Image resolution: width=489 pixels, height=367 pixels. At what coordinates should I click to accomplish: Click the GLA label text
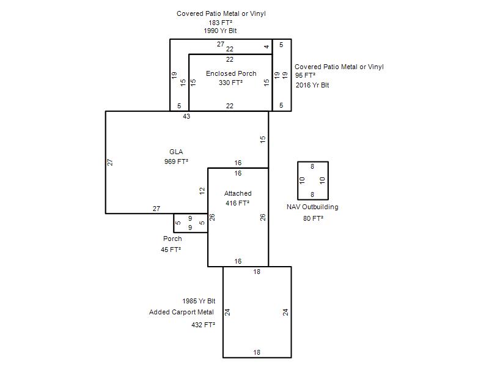click(x=176, y=152)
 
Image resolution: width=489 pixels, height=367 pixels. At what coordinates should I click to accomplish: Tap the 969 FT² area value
click(x=176, y=161)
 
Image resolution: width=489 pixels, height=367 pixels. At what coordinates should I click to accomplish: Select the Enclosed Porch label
click(x=231, y=73)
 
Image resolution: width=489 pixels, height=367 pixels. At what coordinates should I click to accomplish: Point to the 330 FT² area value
click(x=230, y=83)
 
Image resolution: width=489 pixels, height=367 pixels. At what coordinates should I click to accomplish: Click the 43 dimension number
click(x=186, y=116)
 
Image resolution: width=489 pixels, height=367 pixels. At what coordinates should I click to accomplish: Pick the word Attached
click(x=238, y=193)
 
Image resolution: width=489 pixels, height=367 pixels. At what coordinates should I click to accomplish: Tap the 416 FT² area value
click(x=237, y=203)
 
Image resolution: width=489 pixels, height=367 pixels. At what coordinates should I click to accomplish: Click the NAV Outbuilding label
click(x=312, y=207)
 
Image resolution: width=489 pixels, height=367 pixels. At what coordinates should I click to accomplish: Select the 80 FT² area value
click(x=313, y=218)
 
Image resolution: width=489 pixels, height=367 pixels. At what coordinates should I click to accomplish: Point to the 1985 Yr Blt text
click(x=199, y=301)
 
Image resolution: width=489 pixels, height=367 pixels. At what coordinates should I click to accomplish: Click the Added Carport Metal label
click(x=182, y=312)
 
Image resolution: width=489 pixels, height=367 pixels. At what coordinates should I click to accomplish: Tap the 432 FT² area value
click(x=204, y=325)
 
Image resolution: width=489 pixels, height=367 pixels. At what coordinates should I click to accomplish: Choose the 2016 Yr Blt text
click(x=312, y=85)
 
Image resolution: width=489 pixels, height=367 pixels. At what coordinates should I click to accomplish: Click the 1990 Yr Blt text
click(x=220, y=31)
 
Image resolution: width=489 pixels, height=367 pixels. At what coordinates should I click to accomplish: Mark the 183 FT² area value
click(x=221, y=23)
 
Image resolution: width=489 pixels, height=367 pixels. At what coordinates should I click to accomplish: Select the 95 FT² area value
click(x=305, y=75)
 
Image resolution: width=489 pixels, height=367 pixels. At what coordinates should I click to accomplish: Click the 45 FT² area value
click(x=171, y=250)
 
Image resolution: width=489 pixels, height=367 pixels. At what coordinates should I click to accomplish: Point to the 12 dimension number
click(x=202, y=191)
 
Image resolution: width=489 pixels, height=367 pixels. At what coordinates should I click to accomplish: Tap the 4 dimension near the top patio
click(x=267, y=47)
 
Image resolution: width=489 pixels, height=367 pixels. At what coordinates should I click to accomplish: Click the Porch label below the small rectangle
click(x=172, y=239)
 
